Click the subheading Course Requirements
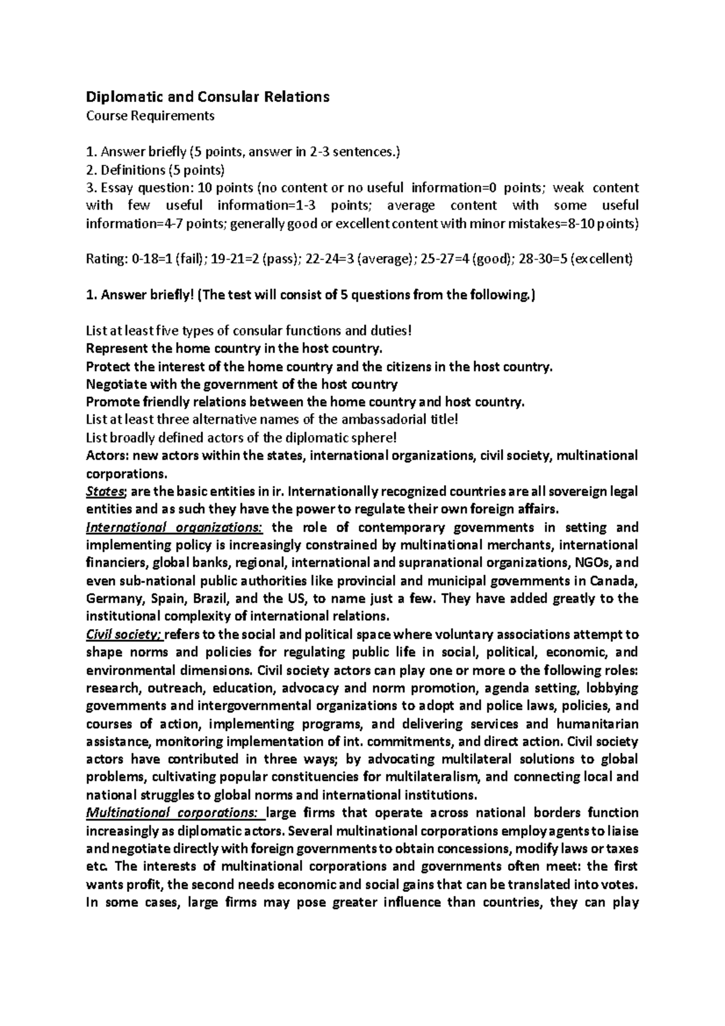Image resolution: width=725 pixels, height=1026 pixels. click(150, 116)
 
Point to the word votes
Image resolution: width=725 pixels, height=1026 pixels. click(620, 885)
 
